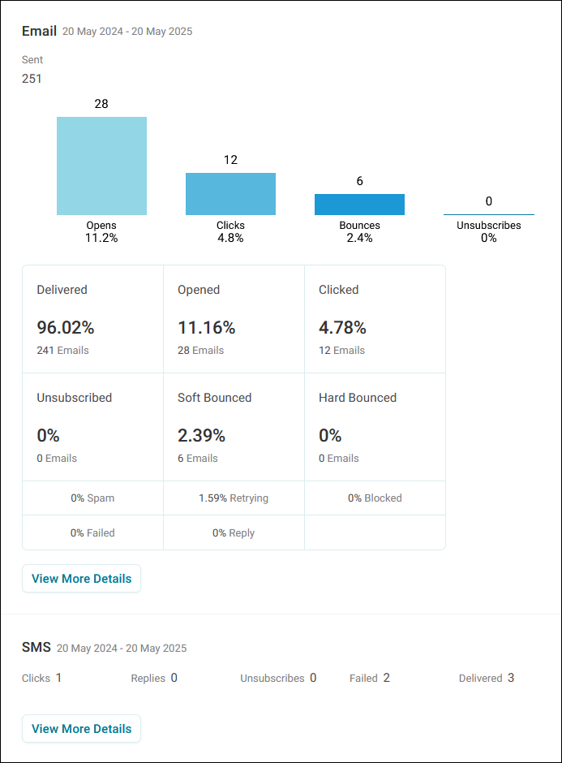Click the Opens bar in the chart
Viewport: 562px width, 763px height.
tap(101, 166)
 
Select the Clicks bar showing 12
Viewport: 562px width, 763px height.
tap(230, 194)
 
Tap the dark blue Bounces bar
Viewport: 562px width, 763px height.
tap(359, 205)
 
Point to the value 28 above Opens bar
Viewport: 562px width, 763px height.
tap(101, 104)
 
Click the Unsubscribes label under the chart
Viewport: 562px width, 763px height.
tap(488, 226)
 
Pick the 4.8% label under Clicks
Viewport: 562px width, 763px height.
tap(230, 238)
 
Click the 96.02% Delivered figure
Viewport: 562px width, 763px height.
tap(66, 327)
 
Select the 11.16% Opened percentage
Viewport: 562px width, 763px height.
tap(207, 327)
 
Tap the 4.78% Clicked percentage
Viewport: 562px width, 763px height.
tap(342, 327)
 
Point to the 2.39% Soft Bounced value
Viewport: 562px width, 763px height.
tap(201, 436)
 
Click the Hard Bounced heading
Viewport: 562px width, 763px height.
tap(358, 398)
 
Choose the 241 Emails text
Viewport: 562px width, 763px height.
tap(62, 351)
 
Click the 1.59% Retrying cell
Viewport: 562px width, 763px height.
tap(234, 498)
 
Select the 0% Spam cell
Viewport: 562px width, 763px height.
tap(92, 498)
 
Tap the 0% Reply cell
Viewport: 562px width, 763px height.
tap(234, 532)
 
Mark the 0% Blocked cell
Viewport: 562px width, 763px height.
tap(375, 498)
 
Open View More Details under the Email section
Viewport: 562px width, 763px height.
tap(81, 579)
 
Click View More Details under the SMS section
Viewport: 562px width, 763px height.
tap(81, 728)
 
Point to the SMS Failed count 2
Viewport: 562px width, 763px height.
tap(387, 678)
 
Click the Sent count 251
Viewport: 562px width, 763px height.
tap(32, 79)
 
